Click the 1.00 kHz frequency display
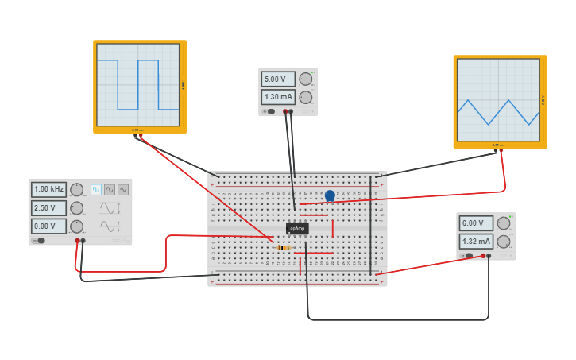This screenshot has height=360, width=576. pyautogui.click(x=48, y=189)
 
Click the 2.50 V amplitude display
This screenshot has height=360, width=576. pyautogui.click(x=48, y=208)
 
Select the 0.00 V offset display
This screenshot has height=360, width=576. pyautogui.click(x=48, y=226)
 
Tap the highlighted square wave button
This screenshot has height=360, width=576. pyautogui.click(x=96, y=189)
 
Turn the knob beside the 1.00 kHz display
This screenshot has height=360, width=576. pyautogui.click(x=76, y=189)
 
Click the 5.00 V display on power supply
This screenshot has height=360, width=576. pyautogui.click(x=277, y=79)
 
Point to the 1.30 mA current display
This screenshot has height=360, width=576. pyautogui.click(x=277, y=97)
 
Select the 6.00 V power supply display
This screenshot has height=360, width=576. pyautogui.click(x=475, y=223)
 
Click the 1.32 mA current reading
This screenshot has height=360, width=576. pyautogui.click(x=475, y=241)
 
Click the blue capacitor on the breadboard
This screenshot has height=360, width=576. pyautogui.click(x=330, y=195)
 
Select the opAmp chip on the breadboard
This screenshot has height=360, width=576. pyautogui.click(x=297, y=228)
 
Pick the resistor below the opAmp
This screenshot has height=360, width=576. pyautogui.click(x=284, y=247)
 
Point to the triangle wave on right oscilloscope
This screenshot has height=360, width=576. pyautogui.click(x=497, y=112)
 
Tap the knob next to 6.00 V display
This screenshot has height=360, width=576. pyautogui.click(x=503, y=223)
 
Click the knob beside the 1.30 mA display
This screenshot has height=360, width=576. pyautogui.click(x=305, y=97)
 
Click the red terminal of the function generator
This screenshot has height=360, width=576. pyautogui.click(x=77, y=240)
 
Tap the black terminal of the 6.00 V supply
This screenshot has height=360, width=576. pyautogui.click(x=489, y=256)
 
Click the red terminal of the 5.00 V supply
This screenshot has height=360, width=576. pyautogui.click(x=285, y=111)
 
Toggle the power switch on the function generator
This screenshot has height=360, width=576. pyautogui.click(x=38, y=240)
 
